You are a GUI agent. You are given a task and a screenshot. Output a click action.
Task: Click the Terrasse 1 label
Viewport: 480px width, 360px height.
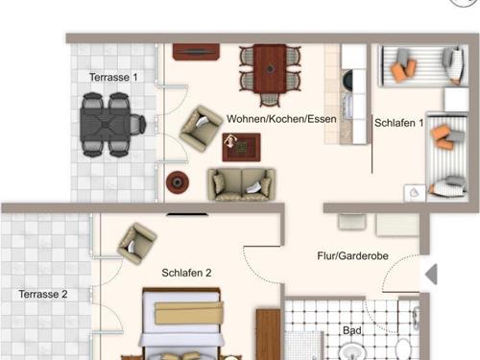[114, 76]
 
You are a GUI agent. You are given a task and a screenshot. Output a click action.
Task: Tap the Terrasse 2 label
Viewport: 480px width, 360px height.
[43, 294]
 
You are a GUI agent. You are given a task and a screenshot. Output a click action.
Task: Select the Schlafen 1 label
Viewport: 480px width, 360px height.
[398, 122]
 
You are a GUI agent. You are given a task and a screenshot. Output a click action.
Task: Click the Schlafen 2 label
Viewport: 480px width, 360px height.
[186, 273]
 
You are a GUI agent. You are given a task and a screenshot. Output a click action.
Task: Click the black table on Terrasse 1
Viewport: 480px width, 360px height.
[111, 123]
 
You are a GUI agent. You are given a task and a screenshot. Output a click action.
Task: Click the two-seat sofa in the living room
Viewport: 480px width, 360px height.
[241, 183]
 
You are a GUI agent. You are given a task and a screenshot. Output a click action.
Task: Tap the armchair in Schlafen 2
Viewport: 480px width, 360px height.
[136, 242]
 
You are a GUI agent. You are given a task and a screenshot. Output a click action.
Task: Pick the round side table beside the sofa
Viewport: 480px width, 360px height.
[179, 181]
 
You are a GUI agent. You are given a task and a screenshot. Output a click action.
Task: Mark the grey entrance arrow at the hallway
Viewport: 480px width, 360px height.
[431, 274]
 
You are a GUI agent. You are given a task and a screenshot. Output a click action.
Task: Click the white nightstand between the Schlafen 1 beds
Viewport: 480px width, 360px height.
[415, 192]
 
